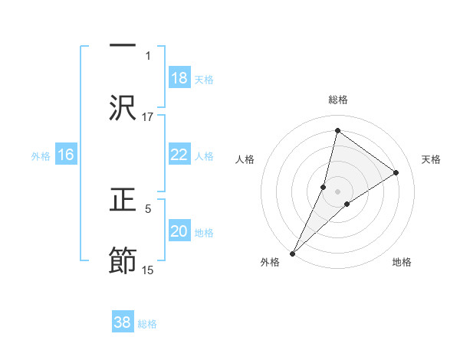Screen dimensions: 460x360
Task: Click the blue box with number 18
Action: coord(179,78)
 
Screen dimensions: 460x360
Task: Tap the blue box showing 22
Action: coord(179,155)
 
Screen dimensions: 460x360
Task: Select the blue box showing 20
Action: coord(179,231)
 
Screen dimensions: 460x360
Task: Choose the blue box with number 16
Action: coord(66,155)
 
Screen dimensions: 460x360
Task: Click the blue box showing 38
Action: coord(123,322)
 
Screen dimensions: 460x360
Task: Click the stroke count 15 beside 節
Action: coord(148,270)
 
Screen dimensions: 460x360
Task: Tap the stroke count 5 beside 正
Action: coord(148,208)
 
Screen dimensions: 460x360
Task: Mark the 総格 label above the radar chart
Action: coord(337,100)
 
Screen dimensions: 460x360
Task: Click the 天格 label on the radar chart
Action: coord(432,159)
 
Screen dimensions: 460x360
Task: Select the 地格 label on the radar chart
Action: coord(402,262)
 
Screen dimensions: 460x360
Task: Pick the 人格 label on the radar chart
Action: coord(245,159)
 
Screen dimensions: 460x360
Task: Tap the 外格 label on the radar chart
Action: coord(270,262)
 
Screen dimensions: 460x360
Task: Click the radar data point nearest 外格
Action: coord(293,253)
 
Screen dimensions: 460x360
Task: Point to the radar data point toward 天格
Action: coord(396,172)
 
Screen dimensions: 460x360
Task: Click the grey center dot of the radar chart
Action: coord(337,191)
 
